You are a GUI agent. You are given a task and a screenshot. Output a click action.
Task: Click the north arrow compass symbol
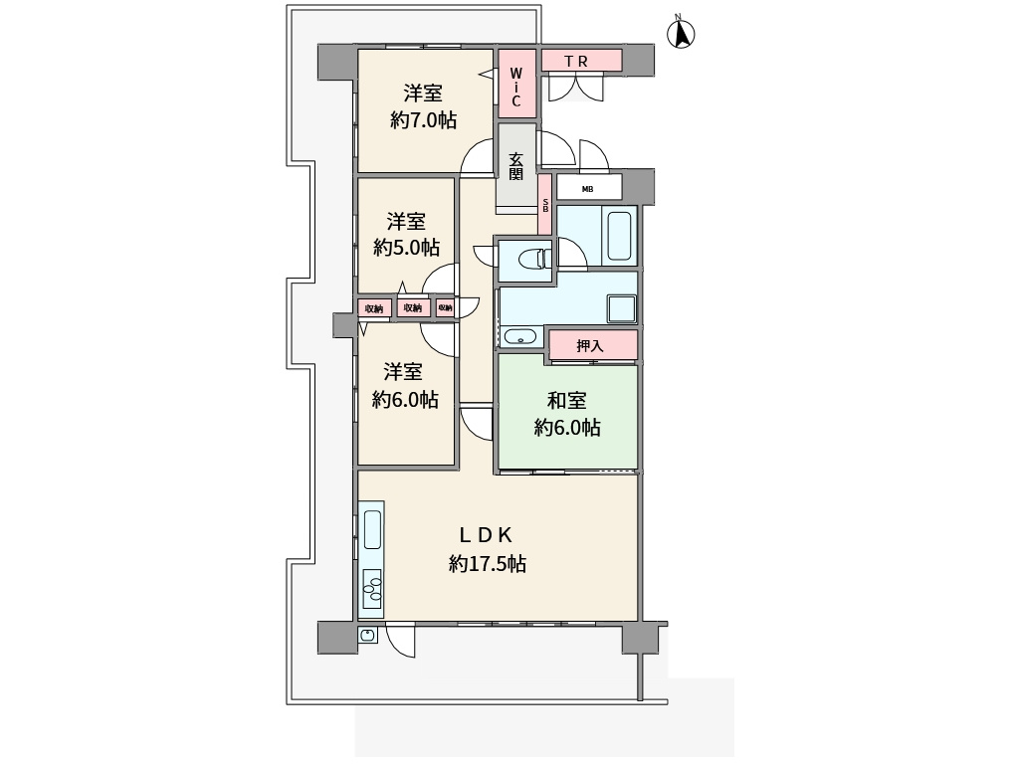pos(682,33)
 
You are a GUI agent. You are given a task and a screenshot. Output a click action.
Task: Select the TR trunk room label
pos(576,62)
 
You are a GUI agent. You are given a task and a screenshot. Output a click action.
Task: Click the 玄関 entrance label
pos(516,166)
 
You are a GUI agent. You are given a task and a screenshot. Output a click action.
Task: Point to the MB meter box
pos(588,188)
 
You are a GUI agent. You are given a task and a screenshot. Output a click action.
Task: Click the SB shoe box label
pos(545,205)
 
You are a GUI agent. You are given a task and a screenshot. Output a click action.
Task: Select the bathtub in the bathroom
pos(619,236)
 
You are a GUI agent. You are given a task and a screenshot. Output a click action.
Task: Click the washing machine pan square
pos(621,307)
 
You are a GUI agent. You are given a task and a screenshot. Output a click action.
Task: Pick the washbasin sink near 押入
pos(519,336)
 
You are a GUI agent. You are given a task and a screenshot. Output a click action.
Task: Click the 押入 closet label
pos(590,345)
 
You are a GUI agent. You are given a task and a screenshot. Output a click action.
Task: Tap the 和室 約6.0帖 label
pos(567,413)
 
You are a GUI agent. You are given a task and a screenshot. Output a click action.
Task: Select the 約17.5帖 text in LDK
pos(488,563)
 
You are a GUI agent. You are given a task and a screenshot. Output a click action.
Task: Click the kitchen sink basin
pos(372,529)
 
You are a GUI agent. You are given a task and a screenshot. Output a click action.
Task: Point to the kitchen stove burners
pos(372,588)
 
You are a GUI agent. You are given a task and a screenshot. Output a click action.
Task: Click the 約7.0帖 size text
pos(423,120)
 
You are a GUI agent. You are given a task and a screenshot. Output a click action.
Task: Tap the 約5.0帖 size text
pos(406,248)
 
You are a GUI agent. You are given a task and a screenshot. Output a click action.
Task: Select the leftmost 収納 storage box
pos(374,308)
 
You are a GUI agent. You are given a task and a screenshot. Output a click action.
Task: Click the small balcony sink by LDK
pos(368,635)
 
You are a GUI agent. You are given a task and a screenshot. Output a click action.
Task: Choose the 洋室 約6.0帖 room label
pos(405,385)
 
